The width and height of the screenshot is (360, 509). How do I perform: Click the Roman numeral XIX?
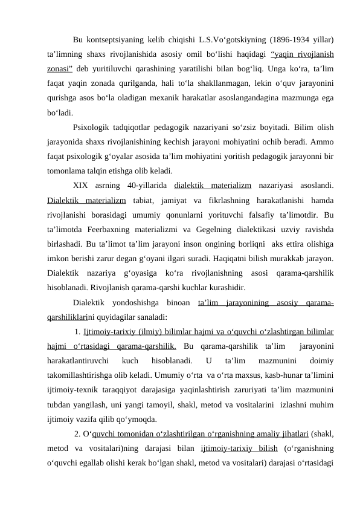(x=81, y=184)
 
